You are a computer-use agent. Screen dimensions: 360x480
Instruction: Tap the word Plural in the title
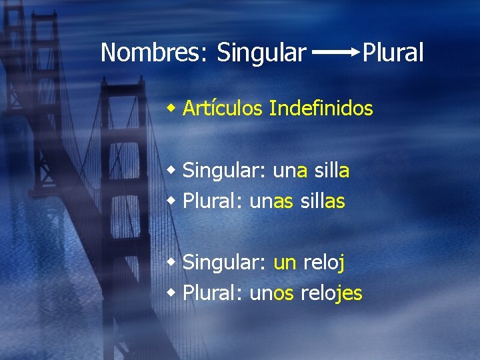(x=393, y=52)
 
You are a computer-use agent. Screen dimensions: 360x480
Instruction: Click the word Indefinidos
(x=321, y=107)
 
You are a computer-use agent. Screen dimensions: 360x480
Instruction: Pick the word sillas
(x=323, y=201)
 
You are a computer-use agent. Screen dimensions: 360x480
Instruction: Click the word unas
(x=271, y=201)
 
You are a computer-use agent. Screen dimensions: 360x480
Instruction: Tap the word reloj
(x=323, y=263)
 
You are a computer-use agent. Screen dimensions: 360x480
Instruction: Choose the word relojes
(x=331, y=293)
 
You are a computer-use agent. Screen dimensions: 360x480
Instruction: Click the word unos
(x=271, y=293)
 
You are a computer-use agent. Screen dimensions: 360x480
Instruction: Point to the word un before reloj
(x=285, y=263)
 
